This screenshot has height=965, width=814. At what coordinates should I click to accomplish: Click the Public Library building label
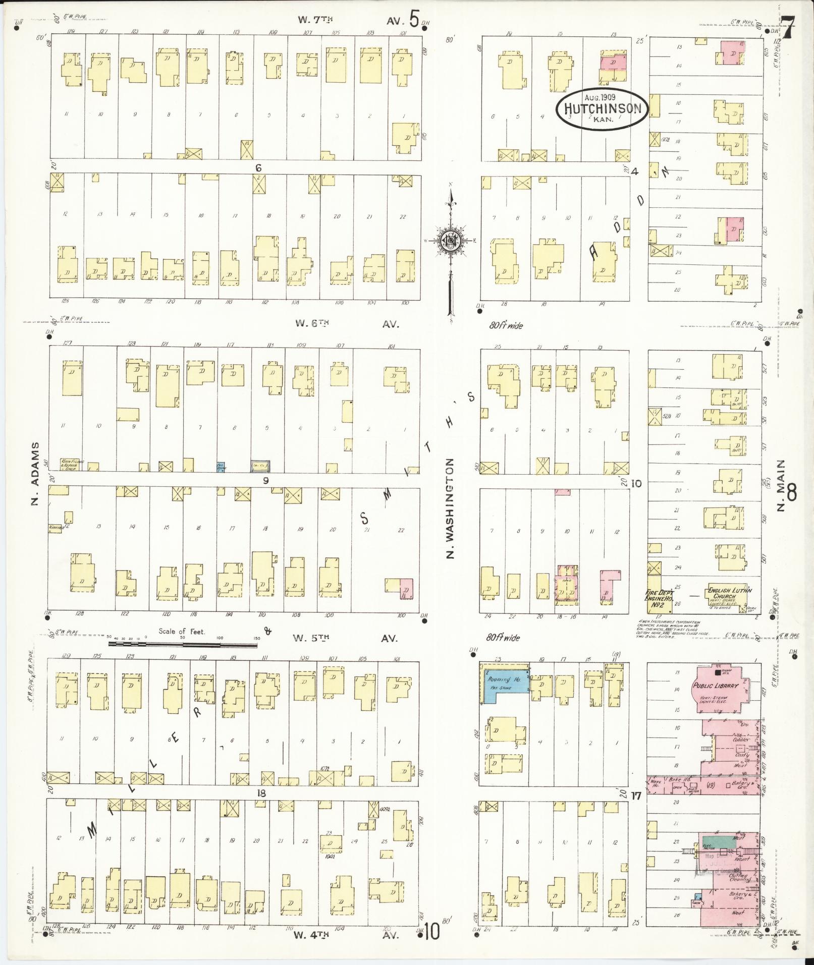pos(716,686)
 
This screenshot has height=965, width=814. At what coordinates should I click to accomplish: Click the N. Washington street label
pos(450,508)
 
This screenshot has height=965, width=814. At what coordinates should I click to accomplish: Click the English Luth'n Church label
pos(730,593)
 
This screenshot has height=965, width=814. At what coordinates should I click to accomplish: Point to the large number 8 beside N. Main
pos(791,493)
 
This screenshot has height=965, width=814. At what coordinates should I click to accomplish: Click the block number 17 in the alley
pos(635,796)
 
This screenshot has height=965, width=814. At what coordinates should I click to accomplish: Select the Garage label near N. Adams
pos(56,527)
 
